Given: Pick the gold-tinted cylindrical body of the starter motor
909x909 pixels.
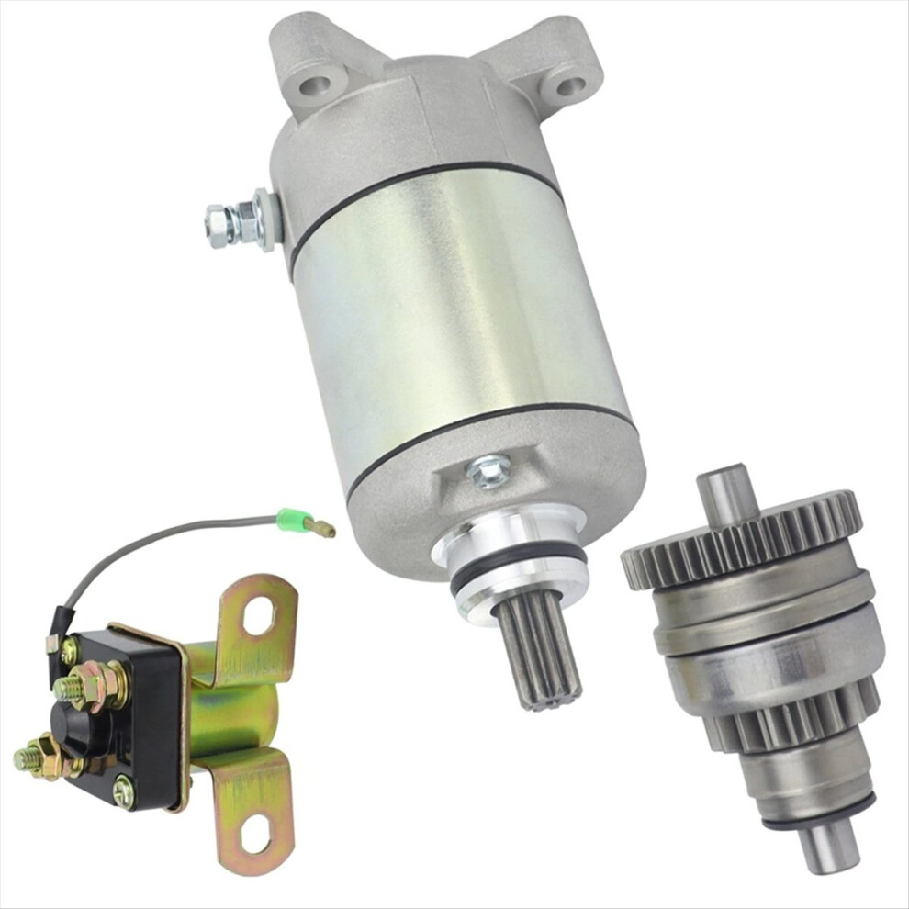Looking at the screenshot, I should point(459,303).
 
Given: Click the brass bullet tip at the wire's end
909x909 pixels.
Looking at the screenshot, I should point(322,528).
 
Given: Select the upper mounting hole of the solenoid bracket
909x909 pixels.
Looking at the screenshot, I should point(259,614).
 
